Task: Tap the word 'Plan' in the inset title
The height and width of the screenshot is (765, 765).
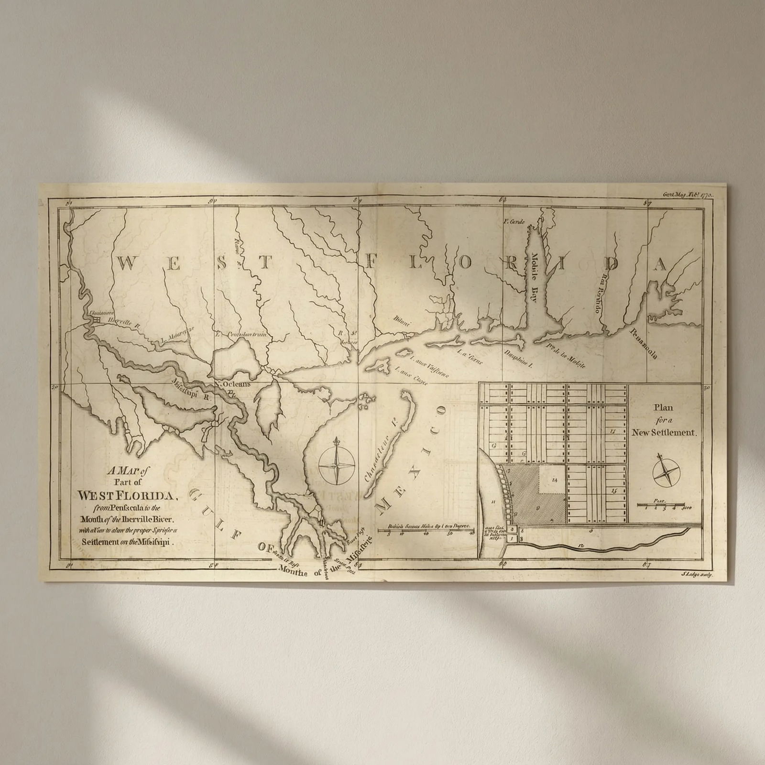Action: pyautogui.click(x=664, y=408)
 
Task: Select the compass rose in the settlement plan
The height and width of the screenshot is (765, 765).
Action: pyautogui.click(x=665, y=473)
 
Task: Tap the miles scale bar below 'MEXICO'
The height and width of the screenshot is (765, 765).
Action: pyautogui.click(x=424, y=530)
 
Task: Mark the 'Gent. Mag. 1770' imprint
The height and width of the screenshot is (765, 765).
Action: pyautogui.click(x=688, y=195)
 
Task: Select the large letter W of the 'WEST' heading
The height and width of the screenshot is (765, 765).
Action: pyautogui.click(x=127, y=263)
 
